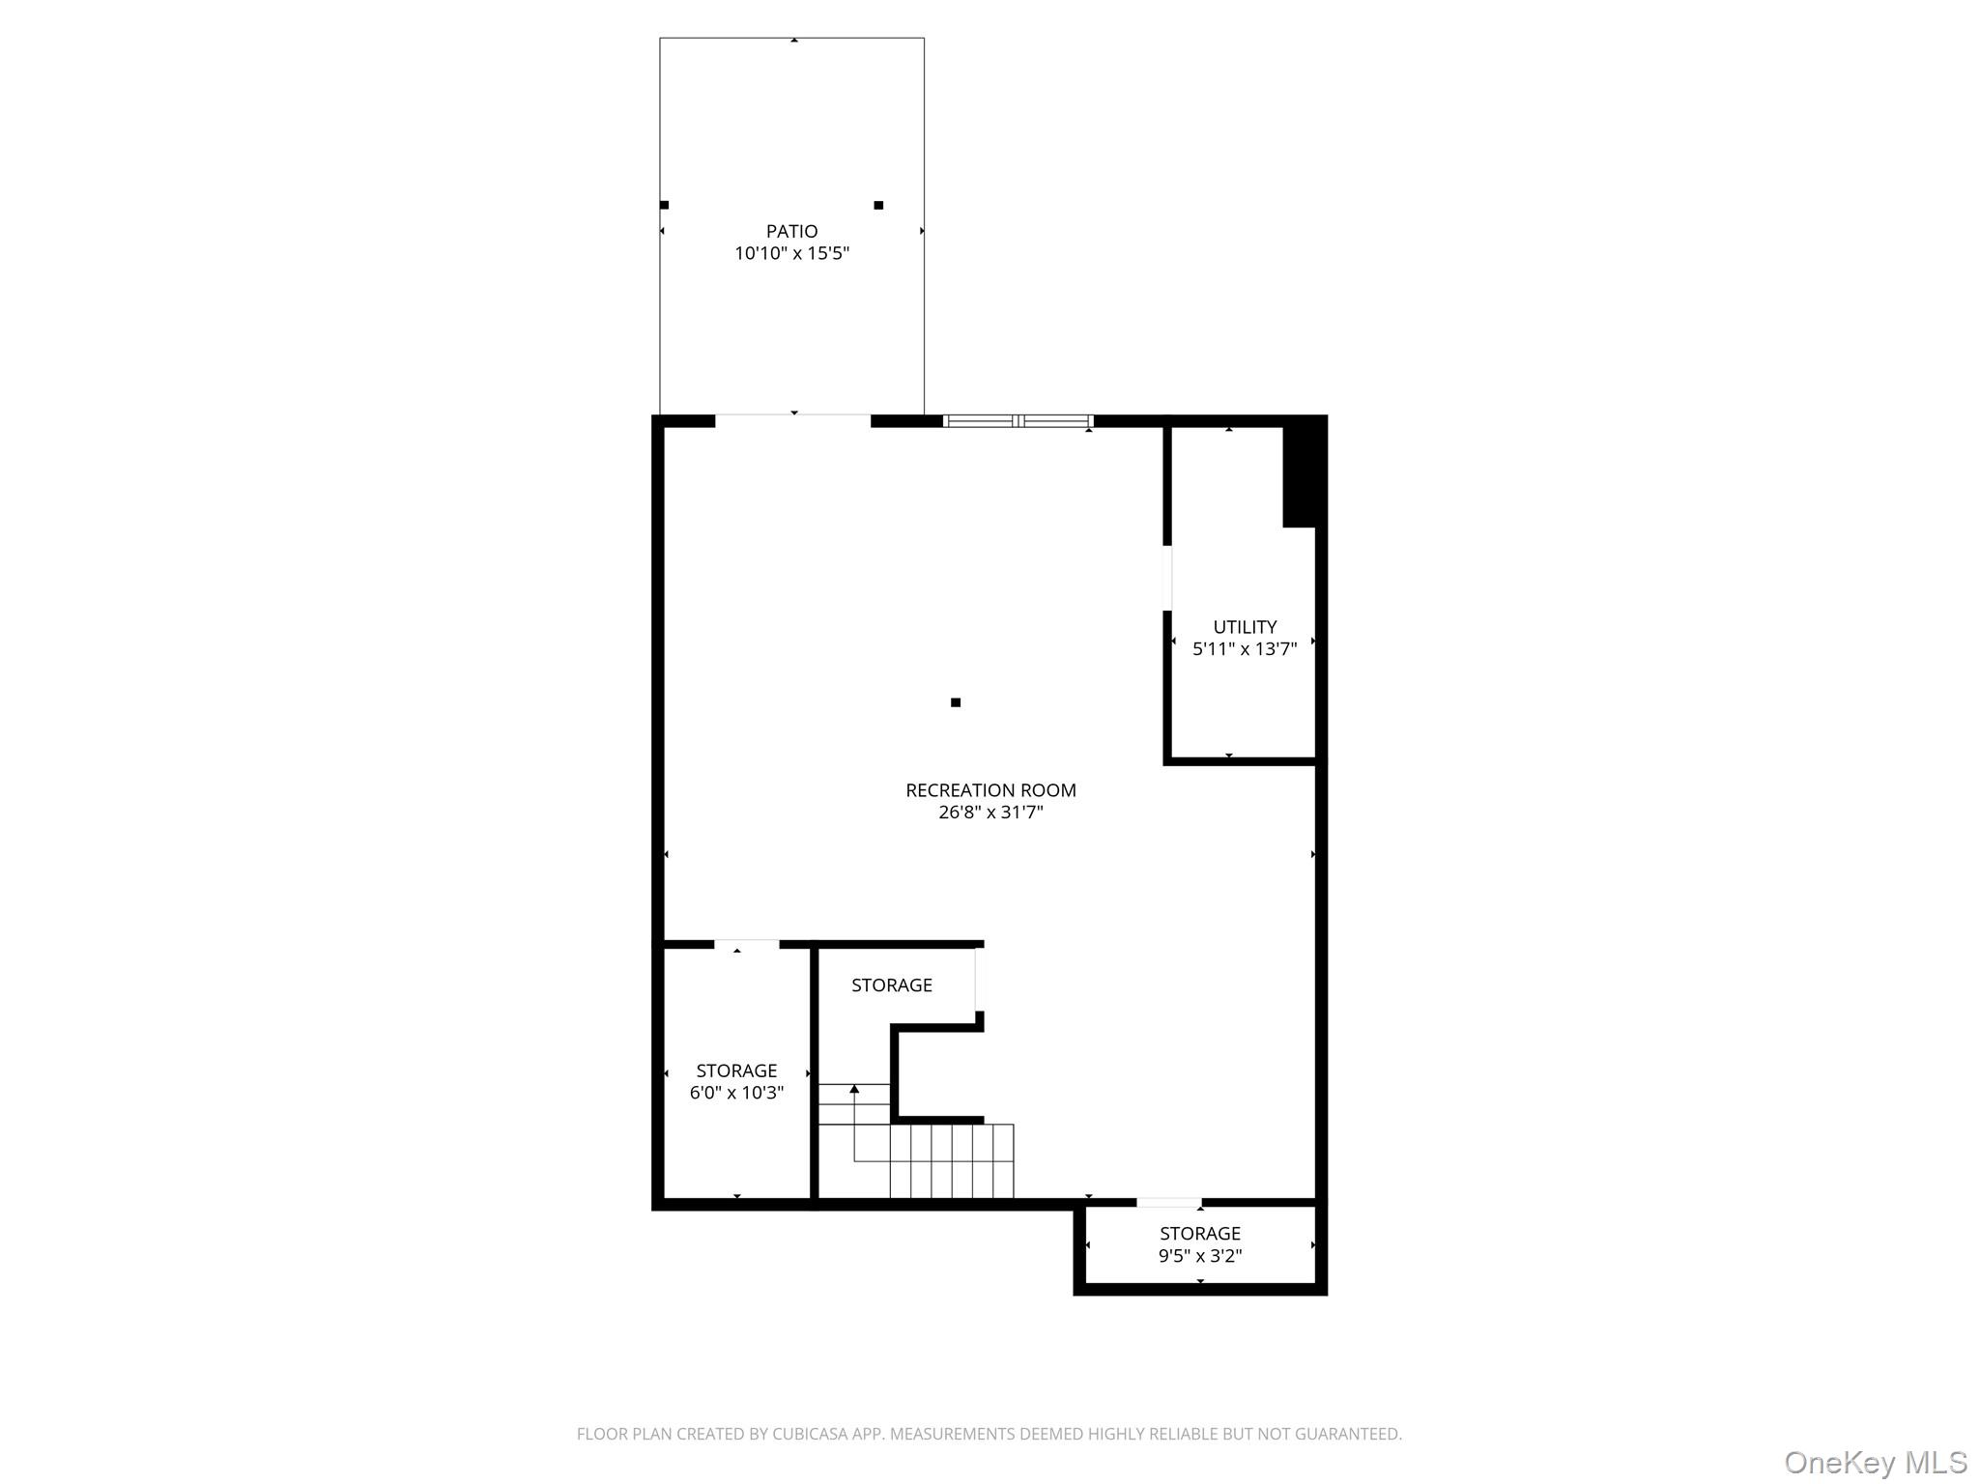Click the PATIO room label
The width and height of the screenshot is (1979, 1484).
[x=791, y=231]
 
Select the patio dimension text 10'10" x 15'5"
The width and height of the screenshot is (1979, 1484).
[x=791, y=254]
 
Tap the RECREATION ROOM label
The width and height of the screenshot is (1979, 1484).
[x=990, y=790]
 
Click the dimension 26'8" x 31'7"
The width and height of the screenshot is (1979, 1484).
[x=990, y=813]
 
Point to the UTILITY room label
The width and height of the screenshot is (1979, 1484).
[x=1245, y=627]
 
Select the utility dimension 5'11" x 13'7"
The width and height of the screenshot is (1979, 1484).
[x=1245, y=649]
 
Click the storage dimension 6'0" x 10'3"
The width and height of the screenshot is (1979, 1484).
[x=736, y=1093]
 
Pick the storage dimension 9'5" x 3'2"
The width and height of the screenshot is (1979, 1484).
[x=1200, y=1256]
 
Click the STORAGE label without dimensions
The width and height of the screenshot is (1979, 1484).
[x=891, y=985]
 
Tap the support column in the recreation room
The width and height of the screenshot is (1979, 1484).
[x=956, y=702]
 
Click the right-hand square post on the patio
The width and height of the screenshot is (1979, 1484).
[x=878, y=205]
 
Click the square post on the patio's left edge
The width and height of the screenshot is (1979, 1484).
[x=664, y=205]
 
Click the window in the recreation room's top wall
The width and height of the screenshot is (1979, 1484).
[x=1018, y=421]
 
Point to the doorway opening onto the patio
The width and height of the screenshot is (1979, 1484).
[x=792, y=420]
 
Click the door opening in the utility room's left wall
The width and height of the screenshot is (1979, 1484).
[x=1167, y=578]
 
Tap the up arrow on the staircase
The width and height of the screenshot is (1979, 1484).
[x=854, y=1090]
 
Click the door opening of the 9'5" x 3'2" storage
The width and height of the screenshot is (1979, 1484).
[x=1168, y=1203]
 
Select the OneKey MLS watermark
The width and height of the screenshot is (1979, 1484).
[x=1875, y=1462]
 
